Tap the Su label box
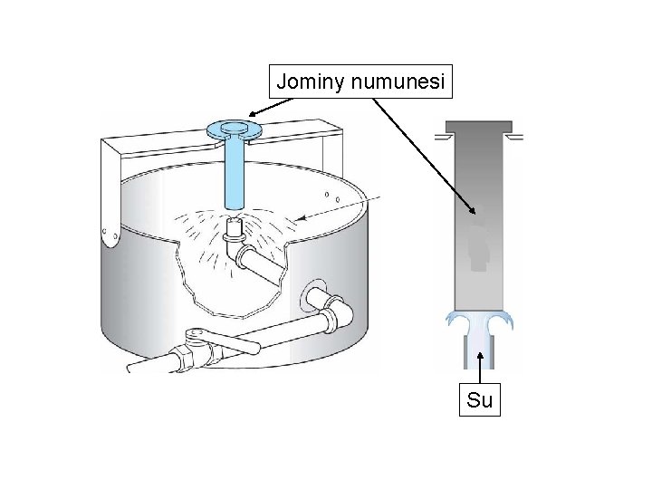click(479, 399)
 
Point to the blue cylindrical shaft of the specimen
click(233, 172)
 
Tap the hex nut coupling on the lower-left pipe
click(184, 357)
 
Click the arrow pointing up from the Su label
click(479, 362)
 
